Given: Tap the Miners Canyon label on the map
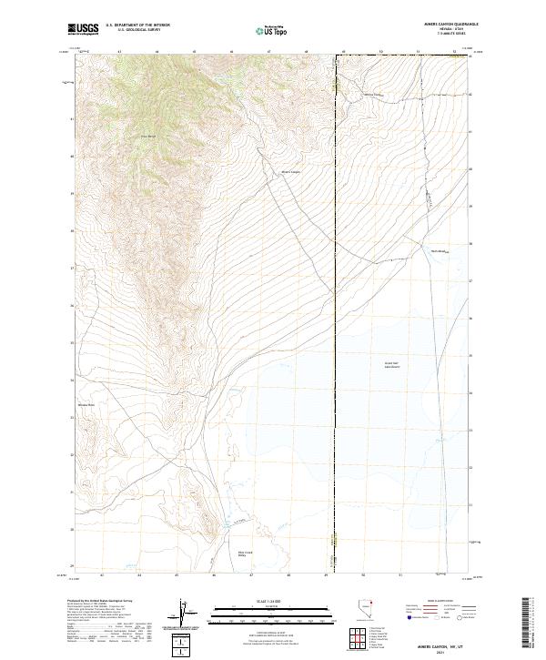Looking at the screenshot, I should tap(290, 171).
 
